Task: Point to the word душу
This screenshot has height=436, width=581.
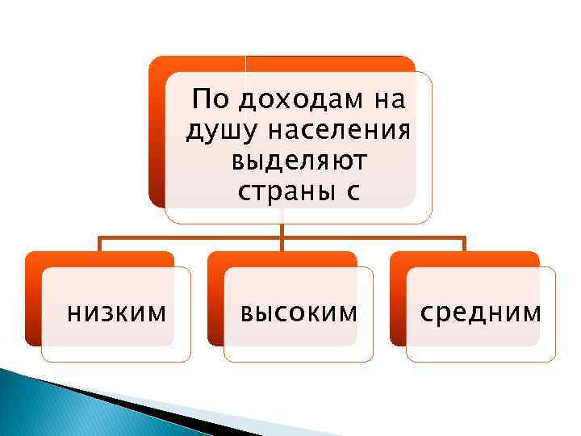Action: tap(215, 131)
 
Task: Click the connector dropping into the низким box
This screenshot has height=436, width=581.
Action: tap(99, 245)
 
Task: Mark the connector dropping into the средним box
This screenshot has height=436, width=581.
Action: tap(465, 245)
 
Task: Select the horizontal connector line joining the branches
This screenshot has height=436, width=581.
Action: tap(194, 237)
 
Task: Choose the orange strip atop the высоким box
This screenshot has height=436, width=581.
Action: tap(282, 258)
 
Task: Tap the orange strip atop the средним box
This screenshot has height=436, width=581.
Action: tap(465, 258)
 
